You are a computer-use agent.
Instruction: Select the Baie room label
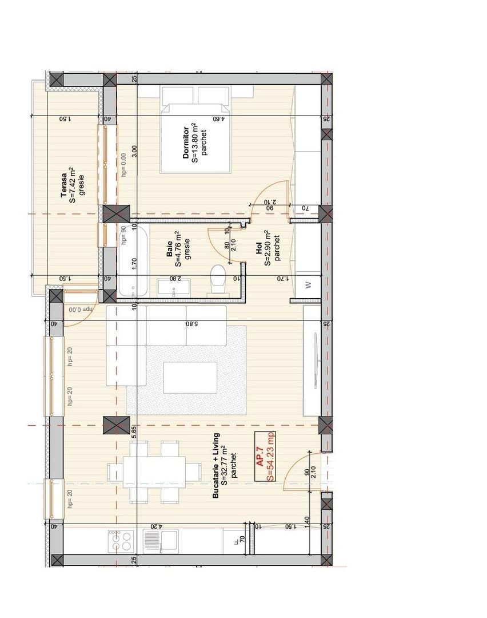[x=170, y=256]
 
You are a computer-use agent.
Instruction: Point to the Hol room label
[x=259, y=248]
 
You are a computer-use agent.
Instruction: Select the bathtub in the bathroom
[x=133, y=260]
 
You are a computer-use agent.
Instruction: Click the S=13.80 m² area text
[x=195, y=144]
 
